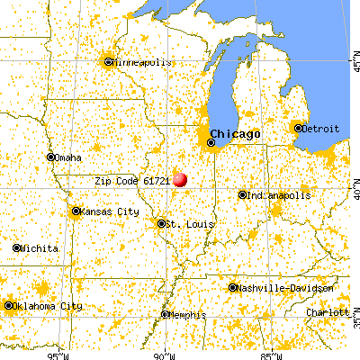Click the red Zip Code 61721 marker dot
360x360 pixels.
[x=181, y=179]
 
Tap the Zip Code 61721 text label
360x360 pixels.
[x=133, y=180]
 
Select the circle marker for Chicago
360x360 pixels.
[x=212, y=142]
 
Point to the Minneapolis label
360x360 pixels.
[x=140, y=62]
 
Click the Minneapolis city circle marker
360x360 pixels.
[x=109, y=62]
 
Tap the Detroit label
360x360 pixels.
[x=321, y=129]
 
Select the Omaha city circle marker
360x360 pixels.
[x=50, y=157]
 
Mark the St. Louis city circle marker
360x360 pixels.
[x=161, y=223]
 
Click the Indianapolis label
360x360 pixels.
[x=281, y=194]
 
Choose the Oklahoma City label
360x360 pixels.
[x=49, y=306]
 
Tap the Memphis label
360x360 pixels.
[x=188, y=314]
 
